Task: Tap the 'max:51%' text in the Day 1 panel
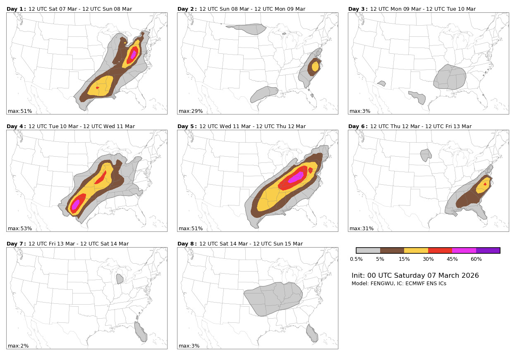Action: click(x=19, y=111)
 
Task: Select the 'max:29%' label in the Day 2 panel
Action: click(x=190, y=111)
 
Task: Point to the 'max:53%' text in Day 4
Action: click(x=19, y=229)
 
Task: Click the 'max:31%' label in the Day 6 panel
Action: click(x=361, y=229)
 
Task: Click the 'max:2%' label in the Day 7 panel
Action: click(x=18, y=346)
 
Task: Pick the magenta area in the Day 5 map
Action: click(x=296, y=177)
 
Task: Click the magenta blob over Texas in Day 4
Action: click(x=76, y=205)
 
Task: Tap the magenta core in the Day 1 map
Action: click(x=133, y=54)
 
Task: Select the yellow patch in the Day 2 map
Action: click(x=316, y=66)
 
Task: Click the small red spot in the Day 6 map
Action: click(x=485, y=184)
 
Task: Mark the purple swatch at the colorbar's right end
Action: click(x=488, y=250)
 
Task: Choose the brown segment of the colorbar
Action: click(x=392, y=250)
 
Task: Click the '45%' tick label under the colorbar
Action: click(x=452, y=259)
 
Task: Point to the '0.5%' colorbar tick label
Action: click(x=356, y=259)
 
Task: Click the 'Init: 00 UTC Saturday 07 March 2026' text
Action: click(x=415, y=276)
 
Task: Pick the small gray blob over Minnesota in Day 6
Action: click(x=425, y=155)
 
